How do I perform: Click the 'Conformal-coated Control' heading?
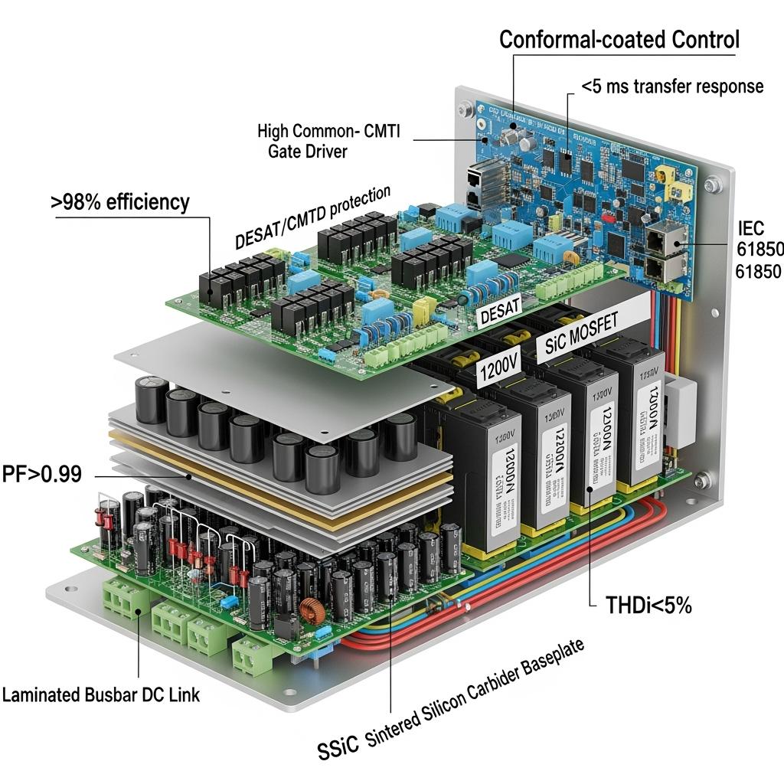(x=619, y=40)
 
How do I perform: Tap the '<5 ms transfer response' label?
(x=672, y=86)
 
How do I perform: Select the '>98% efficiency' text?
(x=121, y=202)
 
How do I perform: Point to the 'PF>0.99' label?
(x=41, y=474)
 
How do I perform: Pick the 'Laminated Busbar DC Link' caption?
(x=101, y=695)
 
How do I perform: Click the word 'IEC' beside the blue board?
(x=750, y=228)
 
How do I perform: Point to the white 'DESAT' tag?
(x=498, y=307)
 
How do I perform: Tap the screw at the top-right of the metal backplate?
(x=714, y=183)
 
